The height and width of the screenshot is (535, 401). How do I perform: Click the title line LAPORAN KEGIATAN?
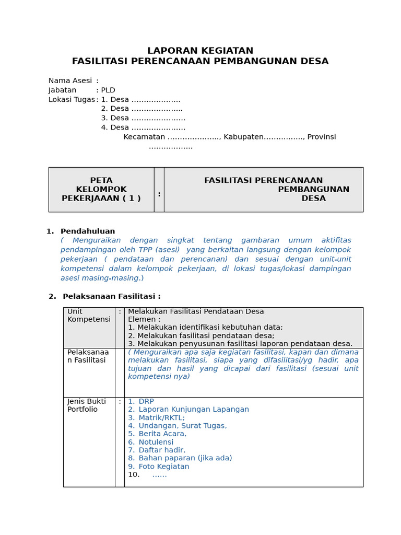click(x=200, y=51)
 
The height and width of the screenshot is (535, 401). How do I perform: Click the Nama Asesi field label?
click(x=70, y=80)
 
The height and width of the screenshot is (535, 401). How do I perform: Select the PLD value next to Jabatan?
click(x=108, y=90)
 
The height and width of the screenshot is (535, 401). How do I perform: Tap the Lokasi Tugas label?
click(x=72, y=99)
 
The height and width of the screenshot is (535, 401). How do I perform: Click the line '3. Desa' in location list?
click(x=143, y=118)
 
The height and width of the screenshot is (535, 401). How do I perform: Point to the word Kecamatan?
click(x=144, y=137)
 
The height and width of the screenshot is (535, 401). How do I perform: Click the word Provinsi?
click(x=321, y=137)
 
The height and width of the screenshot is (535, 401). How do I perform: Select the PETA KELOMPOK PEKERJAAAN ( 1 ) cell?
click(x=101, y=189)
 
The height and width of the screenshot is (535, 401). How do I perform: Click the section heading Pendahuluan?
click(x=88, y=231)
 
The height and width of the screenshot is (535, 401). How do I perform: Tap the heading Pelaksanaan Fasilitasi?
click(x=111, y=296)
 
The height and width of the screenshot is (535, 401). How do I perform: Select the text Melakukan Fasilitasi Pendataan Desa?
click(x=196, y=311)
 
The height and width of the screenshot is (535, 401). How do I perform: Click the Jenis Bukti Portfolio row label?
click(x=87, y=405)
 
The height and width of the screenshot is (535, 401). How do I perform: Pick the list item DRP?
click(x=146, y=401)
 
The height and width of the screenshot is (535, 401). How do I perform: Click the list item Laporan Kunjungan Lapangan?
click(x=194, y=410)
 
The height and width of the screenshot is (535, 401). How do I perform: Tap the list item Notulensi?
click(x=156, y=442)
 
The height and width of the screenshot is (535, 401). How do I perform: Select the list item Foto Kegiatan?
click(x=163, y=467)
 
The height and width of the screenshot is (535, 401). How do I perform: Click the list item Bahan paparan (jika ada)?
click(x=185, y=458)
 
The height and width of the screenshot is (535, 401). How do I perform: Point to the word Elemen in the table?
click(x=144, y=319)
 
